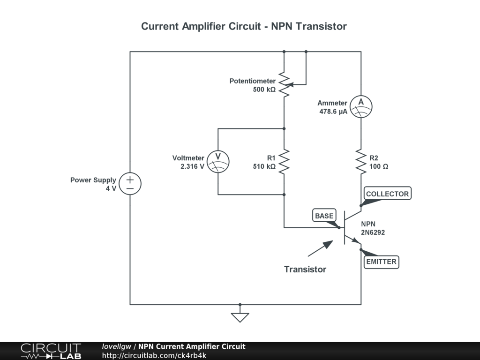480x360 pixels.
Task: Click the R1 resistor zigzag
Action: click(x=284, y=162)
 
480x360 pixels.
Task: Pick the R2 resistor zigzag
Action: click(x=361, y=162)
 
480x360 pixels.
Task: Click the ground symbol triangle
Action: click(x=240, y=317)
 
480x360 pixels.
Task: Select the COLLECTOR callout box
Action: click(x=388, y=194)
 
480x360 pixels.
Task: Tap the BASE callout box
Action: click(x=324, y=216)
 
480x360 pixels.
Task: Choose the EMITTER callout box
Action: click(x=382, y=262)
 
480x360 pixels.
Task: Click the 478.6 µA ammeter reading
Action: click(x=333, y=112)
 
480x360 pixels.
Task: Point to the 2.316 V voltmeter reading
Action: click(x=192, y=166)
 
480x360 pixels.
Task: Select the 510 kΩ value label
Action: click(x=264, y=166)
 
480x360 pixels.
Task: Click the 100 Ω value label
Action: click(x=379, y=166)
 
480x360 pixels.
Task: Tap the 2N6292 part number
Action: click(x=373, y=232)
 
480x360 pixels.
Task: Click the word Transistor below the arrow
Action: click(x=305, y=269)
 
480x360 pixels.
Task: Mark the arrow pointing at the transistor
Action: click(x=320, y=248)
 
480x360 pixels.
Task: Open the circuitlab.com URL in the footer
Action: click(x=154, y=355)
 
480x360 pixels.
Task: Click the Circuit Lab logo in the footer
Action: click(x=51, y=351)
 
